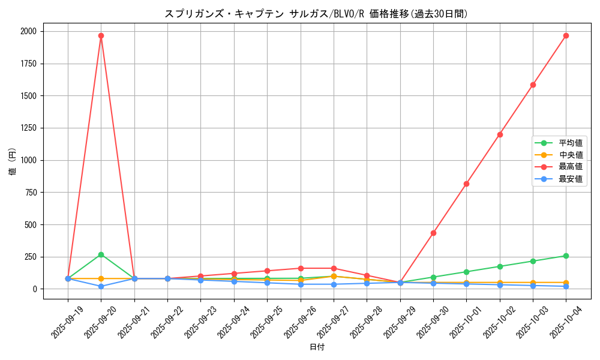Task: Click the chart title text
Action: pos(316,14)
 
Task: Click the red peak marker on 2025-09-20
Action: pos(101,35)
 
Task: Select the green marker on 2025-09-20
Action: pos(101,254)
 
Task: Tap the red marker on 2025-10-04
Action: pos(566,35)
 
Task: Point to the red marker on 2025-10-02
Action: pos(500,134)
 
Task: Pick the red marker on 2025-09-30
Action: pos(433,233)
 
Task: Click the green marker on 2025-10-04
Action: pos(566,256)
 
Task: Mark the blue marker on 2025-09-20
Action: pos(101,286)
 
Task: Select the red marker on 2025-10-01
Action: pos(466,184)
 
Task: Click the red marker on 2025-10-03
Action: pos(533,85)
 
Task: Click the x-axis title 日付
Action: pos(316,347)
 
